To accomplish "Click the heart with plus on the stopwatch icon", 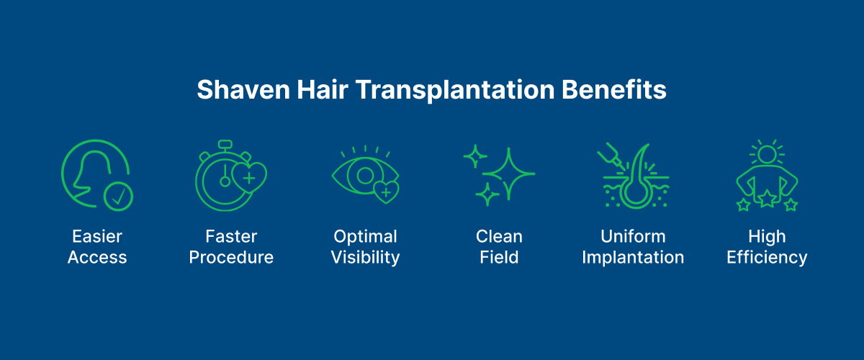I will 250,177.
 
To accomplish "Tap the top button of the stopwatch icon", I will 225,145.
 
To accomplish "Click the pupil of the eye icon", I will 366,175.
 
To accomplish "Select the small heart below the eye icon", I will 386,192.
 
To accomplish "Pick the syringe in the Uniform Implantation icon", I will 608,157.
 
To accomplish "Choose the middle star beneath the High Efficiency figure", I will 767,199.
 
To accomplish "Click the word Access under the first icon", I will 97,258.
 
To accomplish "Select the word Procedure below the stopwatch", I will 231,258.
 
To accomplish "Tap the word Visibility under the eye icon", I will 365,258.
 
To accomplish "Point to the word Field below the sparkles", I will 499,258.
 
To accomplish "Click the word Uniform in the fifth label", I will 633,237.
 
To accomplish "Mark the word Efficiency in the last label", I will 767,258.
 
